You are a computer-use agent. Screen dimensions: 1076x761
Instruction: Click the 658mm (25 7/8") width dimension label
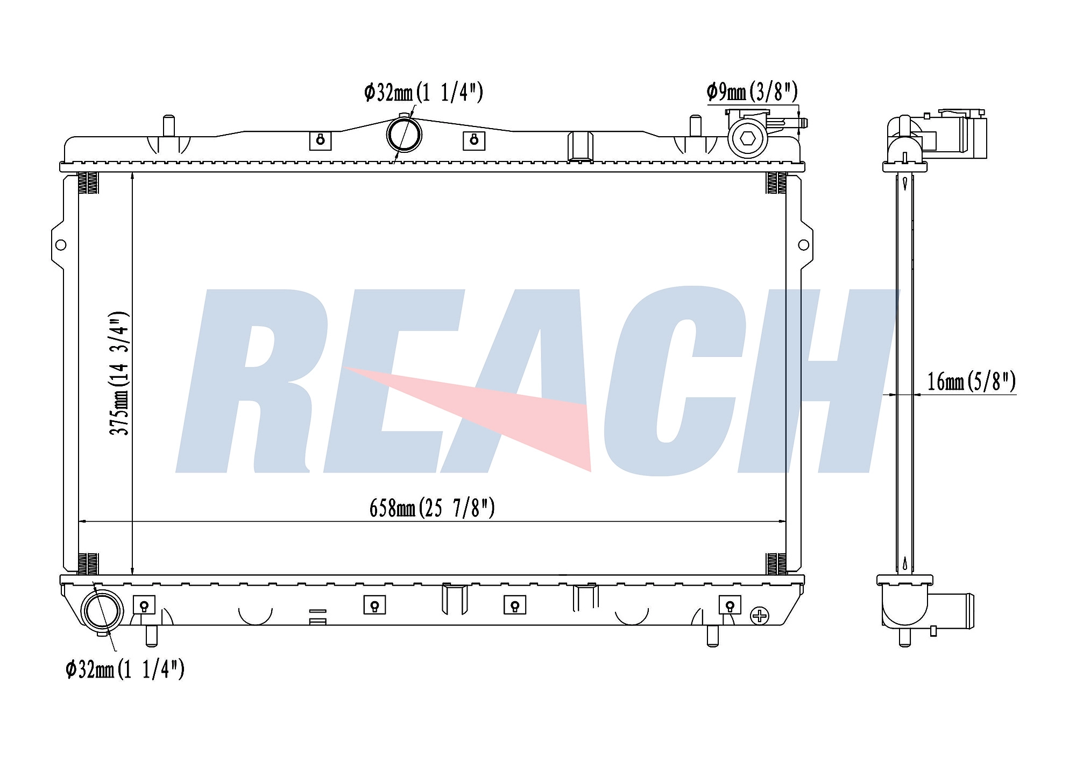pyautogui.click(x=432, y=508)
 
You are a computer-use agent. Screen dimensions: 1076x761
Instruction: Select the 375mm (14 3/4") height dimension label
pyautogui.click(x=119, y=373)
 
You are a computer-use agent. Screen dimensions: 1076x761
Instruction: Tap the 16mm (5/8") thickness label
pyautogui.click(x=971, y=382)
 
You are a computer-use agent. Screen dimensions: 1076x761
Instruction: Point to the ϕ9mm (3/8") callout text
pyautogui.click(x=752, y=92)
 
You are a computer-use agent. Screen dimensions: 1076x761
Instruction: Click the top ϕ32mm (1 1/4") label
pyautogui.click(x=423, y=93)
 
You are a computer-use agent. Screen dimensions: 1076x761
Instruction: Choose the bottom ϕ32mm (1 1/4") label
pyautogui.click(x=125, y=670)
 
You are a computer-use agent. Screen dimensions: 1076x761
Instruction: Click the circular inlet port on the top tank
pyautogui.click(x=404, y=135)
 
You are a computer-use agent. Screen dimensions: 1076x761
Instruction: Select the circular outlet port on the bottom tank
pyautogui.click(x=102, y=611)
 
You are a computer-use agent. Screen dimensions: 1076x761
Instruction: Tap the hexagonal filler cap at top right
pyautogui.click(x=747, y=138)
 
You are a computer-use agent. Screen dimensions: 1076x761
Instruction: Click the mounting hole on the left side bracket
pyautogui.click(x=61, y=245)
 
